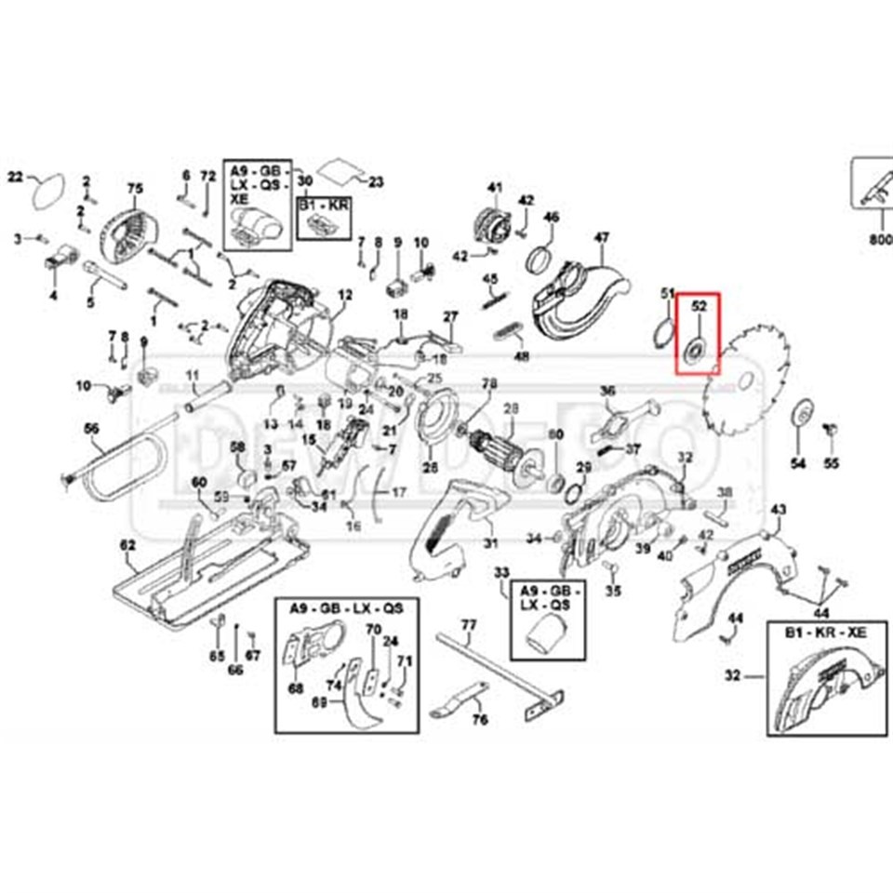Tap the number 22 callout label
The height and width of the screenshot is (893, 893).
[15, 175]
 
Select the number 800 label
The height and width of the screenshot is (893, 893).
[880, 239]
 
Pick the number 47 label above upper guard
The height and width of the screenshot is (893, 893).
[602, 238]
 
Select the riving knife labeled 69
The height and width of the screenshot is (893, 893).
[358, 712]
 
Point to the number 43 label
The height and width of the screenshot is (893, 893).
[780, 509]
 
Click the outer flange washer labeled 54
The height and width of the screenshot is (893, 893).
[798, 415]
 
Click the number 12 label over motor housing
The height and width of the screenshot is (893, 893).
[345, 296]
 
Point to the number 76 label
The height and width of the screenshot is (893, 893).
[481, 720]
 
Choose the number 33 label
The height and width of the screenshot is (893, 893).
[501, 571]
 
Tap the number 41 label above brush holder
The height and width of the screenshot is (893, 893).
[494, 188]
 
